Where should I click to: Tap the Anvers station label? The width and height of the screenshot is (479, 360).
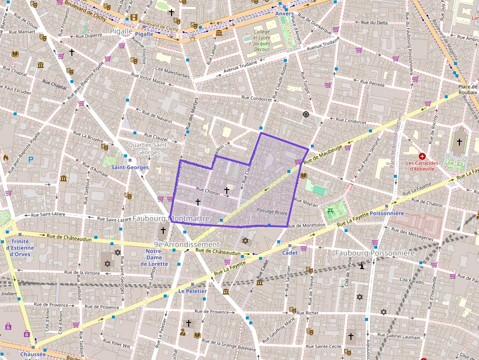click(x=284, y=14)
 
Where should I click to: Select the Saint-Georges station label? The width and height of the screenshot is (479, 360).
click(x=130, y=167)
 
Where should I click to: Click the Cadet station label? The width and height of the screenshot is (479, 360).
click(x=289, y=253)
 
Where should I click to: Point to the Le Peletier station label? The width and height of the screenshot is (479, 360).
click(x=192, y=291)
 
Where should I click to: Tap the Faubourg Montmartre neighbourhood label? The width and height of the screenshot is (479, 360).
click(x=171, y=218)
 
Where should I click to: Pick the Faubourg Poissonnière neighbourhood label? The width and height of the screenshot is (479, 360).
click(x=375, y=253)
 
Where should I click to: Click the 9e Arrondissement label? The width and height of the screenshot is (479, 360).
click(x=186, y=244)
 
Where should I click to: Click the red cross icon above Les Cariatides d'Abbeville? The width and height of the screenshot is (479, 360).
click(x=422, y=156)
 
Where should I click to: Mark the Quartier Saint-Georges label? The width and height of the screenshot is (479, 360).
click(x=148, y=148)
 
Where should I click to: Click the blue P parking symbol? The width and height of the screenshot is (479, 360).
click(x=31, y=159)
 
